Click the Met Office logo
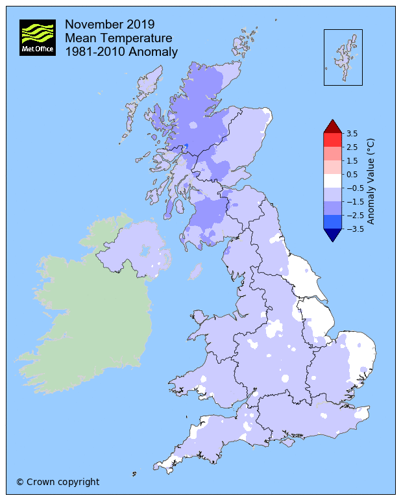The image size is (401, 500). click(x=37, y=38)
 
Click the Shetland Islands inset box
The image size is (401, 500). click(x=343, y=57)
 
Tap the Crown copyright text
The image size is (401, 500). click(x=58, y=482)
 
